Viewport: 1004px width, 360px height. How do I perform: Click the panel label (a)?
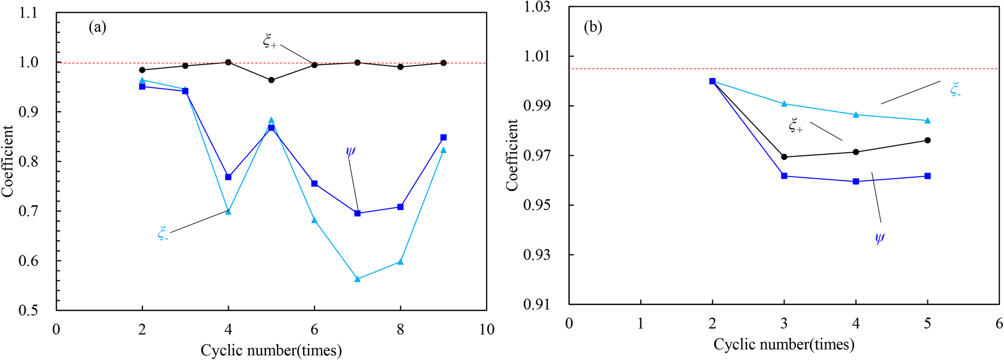(x=97, y=27)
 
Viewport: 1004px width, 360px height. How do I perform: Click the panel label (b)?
(x=593, y=27)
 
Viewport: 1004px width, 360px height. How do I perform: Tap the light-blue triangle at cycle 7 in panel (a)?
(x=357, y=279)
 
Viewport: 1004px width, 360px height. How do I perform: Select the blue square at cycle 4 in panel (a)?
(x=228, y=177)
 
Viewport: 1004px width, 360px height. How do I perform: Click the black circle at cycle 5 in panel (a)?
(x=271, y=80)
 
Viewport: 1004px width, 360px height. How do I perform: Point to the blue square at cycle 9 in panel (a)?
(x=443, y=137)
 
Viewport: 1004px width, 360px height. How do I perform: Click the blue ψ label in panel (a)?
(x=350, y=151)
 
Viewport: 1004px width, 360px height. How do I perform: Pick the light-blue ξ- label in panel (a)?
(x=163, y=233)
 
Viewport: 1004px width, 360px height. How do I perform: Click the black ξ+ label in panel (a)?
(x=269, y=42)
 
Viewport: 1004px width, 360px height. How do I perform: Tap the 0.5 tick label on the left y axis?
(x=28, y=310)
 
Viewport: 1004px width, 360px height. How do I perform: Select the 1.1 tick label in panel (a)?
(x=28, y=13)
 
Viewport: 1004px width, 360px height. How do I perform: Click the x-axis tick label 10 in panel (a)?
(x=486, y=329)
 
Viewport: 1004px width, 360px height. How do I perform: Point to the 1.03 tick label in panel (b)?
(x=537, y=7)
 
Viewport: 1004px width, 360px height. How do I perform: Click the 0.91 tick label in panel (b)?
(x=537, y=304)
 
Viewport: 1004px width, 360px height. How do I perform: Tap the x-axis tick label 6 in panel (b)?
(x=999, y=323)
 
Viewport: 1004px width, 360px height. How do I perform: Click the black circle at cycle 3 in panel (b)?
(x=784, y=157)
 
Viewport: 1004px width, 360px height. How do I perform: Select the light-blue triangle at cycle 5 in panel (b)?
(x=927, y=121)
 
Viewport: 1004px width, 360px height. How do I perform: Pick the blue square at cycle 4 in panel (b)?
(x=856, y=181)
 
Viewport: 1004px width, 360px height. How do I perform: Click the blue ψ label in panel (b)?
(x=879, y=239)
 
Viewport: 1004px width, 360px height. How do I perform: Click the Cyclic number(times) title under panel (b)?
(x=784, y=344)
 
